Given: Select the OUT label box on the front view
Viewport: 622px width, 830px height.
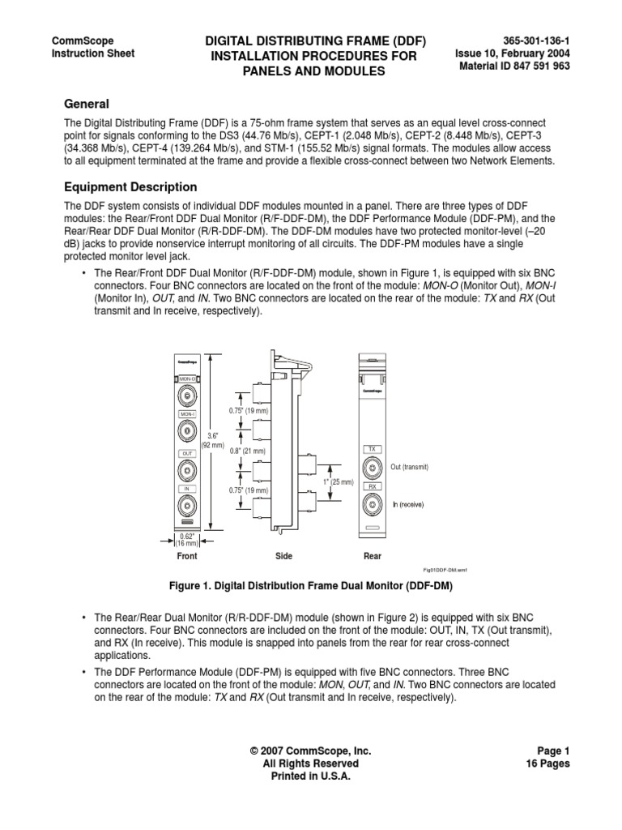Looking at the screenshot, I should (186, 453).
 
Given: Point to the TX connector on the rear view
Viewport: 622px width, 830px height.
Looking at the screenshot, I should (373, 467).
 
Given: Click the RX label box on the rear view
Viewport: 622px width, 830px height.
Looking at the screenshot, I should (373, 486).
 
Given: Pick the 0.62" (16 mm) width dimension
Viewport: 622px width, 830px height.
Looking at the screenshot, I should (186, 540).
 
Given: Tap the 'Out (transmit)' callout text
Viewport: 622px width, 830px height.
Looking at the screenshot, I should (409, 468).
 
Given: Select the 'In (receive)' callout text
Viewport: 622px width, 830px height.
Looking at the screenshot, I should (409, 504).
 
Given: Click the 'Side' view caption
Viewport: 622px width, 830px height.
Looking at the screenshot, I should (283, 557).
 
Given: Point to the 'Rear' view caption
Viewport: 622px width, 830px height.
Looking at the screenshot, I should (372, 557).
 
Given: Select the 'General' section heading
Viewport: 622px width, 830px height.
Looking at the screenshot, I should (87, 104).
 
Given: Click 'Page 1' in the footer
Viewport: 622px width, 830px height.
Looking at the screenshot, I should (553, 751).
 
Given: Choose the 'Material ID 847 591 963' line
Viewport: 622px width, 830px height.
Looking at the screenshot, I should (515, 66).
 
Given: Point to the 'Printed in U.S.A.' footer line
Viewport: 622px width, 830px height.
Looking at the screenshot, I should (310, 776).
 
